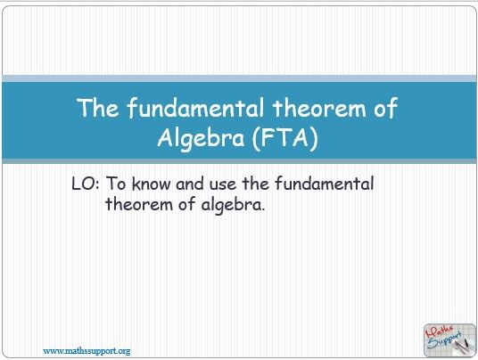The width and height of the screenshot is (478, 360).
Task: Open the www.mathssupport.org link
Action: coord(87,350)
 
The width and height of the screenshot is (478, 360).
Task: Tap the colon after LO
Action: coord(99,185)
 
